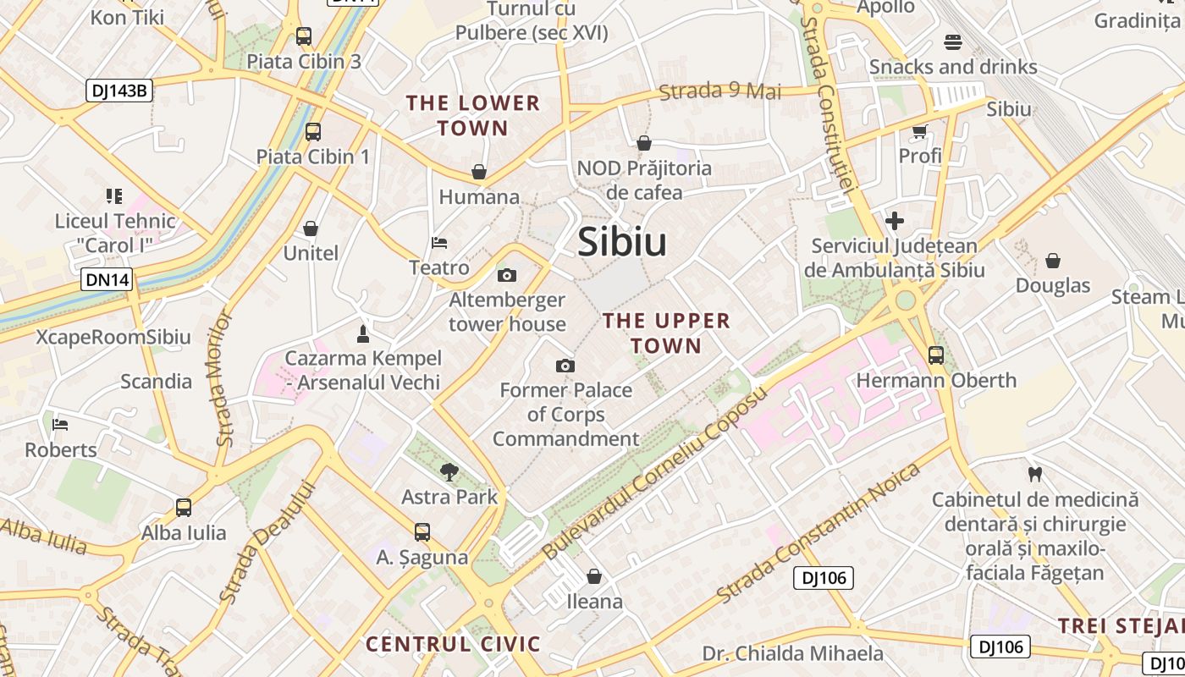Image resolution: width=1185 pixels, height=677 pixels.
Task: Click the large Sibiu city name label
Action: click(622, 243)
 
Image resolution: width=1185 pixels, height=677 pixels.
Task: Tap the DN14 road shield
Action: click(107, 279)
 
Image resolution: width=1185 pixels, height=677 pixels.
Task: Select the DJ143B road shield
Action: click(118, 91)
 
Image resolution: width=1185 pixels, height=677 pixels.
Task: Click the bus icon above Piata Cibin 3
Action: click(304, 36)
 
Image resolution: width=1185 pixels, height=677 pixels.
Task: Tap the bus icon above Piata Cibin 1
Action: click(313, 131)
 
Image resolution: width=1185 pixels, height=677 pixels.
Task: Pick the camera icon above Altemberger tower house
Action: click(507, 275)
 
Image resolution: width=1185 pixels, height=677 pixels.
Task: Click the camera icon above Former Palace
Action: click(565, 366)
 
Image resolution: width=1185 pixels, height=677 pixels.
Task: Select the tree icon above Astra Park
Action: click(449, 471)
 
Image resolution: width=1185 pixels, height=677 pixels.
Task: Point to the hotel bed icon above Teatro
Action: click(439, 243)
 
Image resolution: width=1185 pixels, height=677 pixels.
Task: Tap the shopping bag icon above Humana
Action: click(479, 172)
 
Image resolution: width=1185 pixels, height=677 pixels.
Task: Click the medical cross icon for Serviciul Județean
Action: click(895, 222)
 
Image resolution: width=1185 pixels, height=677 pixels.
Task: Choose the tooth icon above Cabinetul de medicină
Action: click(1033, 474)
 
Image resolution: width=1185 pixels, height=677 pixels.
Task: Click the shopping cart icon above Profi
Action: click(920, 131)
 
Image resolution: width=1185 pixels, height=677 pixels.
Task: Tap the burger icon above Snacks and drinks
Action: click(953, 42)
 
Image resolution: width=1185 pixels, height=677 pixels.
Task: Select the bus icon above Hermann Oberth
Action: click(936, 355)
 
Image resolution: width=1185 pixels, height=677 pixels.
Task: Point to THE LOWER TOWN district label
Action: click(473, 116)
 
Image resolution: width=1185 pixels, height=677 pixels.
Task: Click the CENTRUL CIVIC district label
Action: click(453, 644)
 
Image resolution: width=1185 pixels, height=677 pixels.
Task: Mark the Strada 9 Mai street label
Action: click(719, 91)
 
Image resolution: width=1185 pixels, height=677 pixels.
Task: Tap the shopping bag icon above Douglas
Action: click(1053, 261)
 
